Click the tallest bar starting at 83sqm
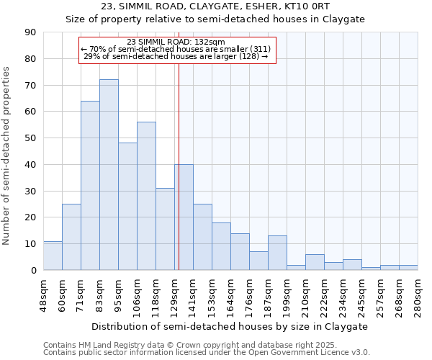click(x=109, y=175)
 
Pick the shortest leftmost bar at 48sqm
click(x=53, y=256)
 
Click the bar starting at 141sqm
click(x=202, y=237)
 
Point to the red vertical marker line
click(x=178, y=166)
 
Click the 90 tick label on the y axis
click(x=30, y=32)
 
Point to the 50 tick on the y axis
click(x=30, y=138)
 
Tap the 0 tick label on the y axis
click(x=33, y=270)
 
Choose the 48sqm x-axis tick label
click(x=44, y=293)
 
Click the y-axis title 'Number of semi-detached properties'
click(x=7, y=156)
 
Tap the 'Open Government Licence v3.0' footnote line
click(x=207, y=352)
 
